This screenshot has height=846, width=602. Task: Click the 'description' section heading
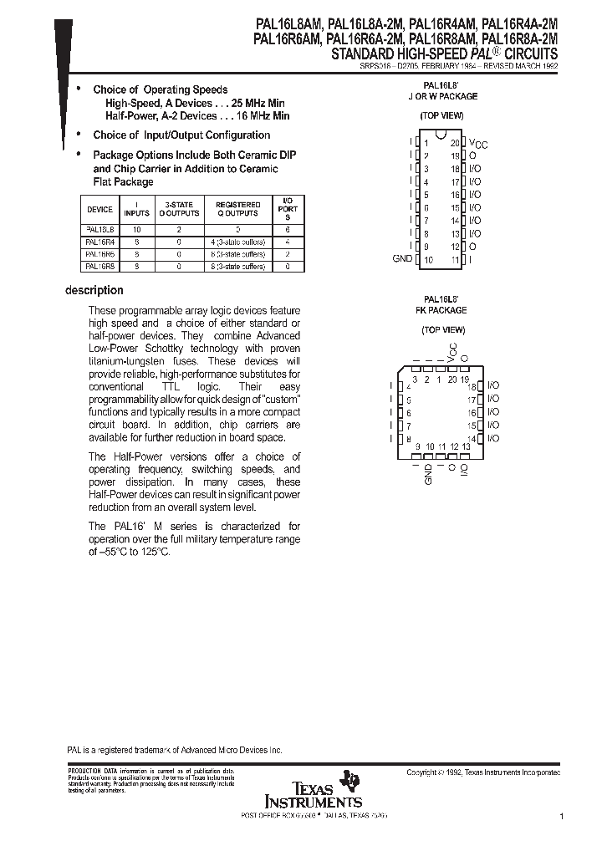(x=94, y=291)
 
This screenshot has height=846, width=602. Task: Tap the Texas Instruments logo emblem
(x=352, y=781)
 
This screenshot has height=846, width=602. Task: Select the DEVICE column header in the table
(x=99, y=209)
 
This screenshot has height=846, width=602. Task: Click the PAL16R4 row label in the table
(x=99, y=240)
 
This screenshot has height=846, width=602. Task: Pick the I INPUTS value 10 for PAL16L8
(x=138, y=227)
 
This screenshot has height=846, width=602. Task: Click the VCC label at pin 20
(x=477, y=144)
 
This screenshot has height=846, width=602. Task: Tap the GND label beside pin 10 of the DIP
(x=402, y=259)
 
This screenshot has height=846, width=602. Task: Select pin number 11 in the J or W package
(x=455, y=260)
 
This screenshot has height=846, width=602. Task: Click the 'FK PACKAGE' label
(x=441, y=310)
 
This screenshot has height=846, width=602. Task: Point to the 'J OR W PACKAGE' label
(x=441, y=97)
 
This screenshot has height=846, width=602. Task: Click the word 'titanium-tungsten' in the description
(x=126, y=361)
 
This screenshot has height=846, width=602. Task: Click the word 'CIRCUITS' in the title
(x=527, y=53)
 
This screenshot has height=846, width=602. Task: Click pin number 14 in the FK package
(x=472, y=439)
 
